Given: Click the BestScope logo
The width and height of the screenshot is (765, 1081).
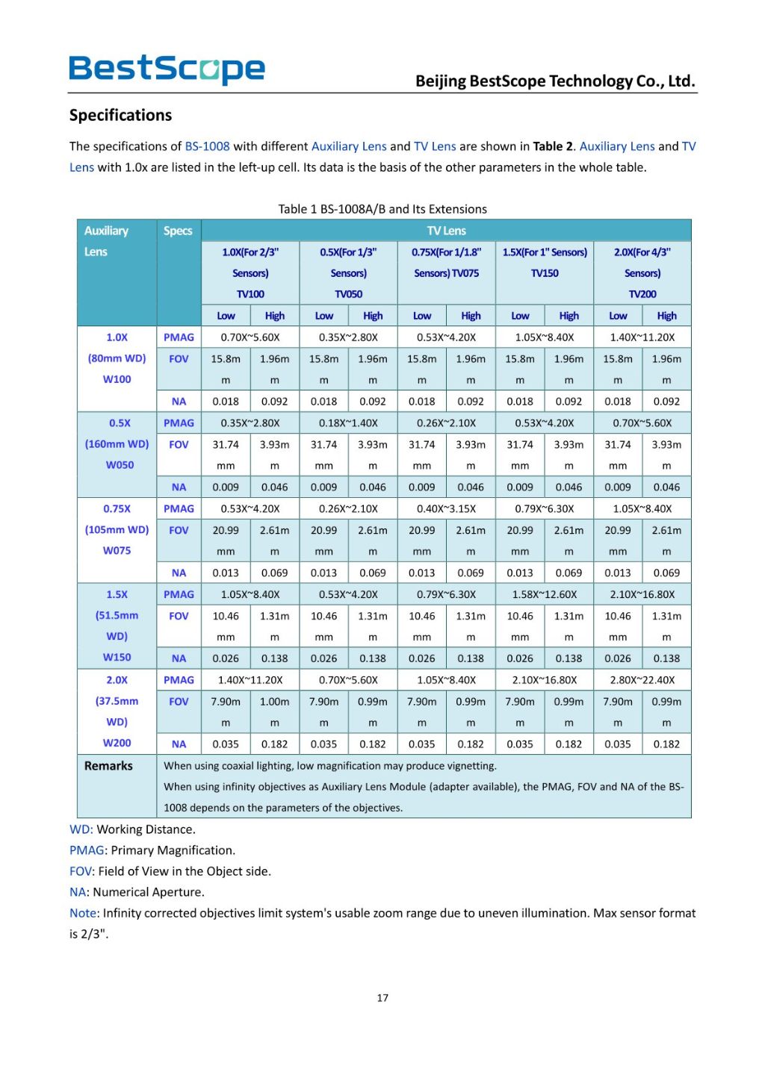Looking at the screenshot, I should coord(167,69).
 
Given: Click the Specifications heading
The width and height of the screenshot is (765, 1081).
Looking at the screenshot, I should coord(120,115).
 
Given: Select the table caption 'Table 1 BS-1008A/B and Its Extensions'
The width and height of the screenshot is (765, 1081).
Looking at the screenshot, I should coord(382,209).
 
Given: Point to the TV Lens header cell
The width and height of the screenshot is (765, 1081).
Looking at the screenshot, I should coord(446,231).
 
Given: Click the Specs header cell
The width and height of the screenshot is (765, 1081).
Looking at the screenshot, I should coord(178,231).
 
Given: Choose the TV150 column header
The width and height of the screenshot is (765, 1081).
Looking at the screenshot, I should coord(545,273).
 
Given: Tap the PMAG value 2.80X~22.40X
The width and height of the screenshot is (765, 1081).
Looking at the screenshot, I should coord(642,680).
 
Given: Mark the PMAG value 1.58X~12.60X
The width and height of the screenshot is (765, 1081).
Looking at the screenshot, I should coord(545,594).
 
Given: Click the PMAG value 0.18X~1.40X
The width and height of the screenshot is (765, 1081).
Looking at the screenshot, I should coord(348,423).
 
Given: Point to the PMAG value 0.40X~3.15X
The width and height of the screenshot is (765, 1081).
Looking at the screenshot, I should coord(446,508).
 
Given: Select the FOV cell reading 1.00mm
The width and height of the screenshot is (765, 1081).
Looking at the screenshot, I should coord(274,711).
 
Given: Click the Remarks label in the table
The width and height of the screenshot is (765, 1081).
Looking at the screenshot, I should coord(108,766).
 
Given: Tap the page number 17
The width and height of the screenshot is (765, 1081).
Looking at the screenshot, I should coord(382,998).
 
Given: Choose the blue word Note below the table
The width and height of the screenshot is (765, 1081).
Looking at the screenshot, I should coord(84,913).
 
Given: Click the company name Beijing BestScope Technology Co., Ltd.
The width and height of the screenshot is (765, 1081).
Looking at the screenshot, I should coord(555,81).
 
